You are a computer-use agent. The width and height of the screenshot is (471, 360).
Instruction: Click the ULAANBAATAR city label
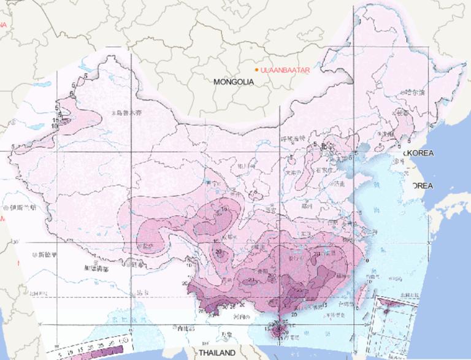click(x=285, y=71)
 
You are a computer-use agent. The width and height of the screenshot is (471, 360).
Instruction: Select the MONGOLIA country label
click(x=234, y=82)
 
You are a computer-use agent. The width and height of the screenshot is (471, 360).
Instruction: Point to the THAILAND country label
click(x=216, y=354)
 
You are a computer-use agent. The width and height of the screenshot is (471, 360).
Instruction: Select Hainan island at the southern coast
click(x=283, y=332)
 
